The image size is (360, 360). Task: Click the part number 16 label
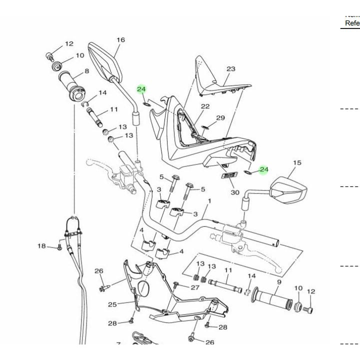pos(120,40)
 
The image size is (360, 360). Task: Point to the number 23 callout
pos(230,69)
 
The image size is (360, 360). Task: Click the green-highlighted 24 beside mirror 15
pos(263,170)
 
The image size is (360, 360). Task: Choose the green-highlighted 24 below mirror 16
pos(141,89)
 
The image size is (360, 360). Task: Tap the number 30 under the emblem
pos(235,192)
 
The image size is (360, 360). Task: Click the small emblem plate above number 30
pos(228,175)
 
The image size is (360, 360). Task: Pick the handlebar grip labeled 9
pos(272,298)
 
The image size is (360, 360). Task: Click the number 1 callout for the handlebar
pos(209,201)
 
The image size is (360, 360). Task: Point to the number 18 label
pos(42,245)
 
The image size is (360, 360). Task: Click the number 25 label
pos(112,304)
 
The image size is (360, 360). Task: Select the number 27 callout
pos(195,287)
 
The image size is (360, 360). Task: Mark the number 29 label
pos(220,118)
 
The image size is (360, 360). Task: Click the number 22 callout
pos(205,106)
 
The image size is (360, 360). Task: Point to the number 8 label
pos(86,71)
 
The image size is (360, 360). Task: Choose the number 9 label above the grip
pos(279,282)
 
